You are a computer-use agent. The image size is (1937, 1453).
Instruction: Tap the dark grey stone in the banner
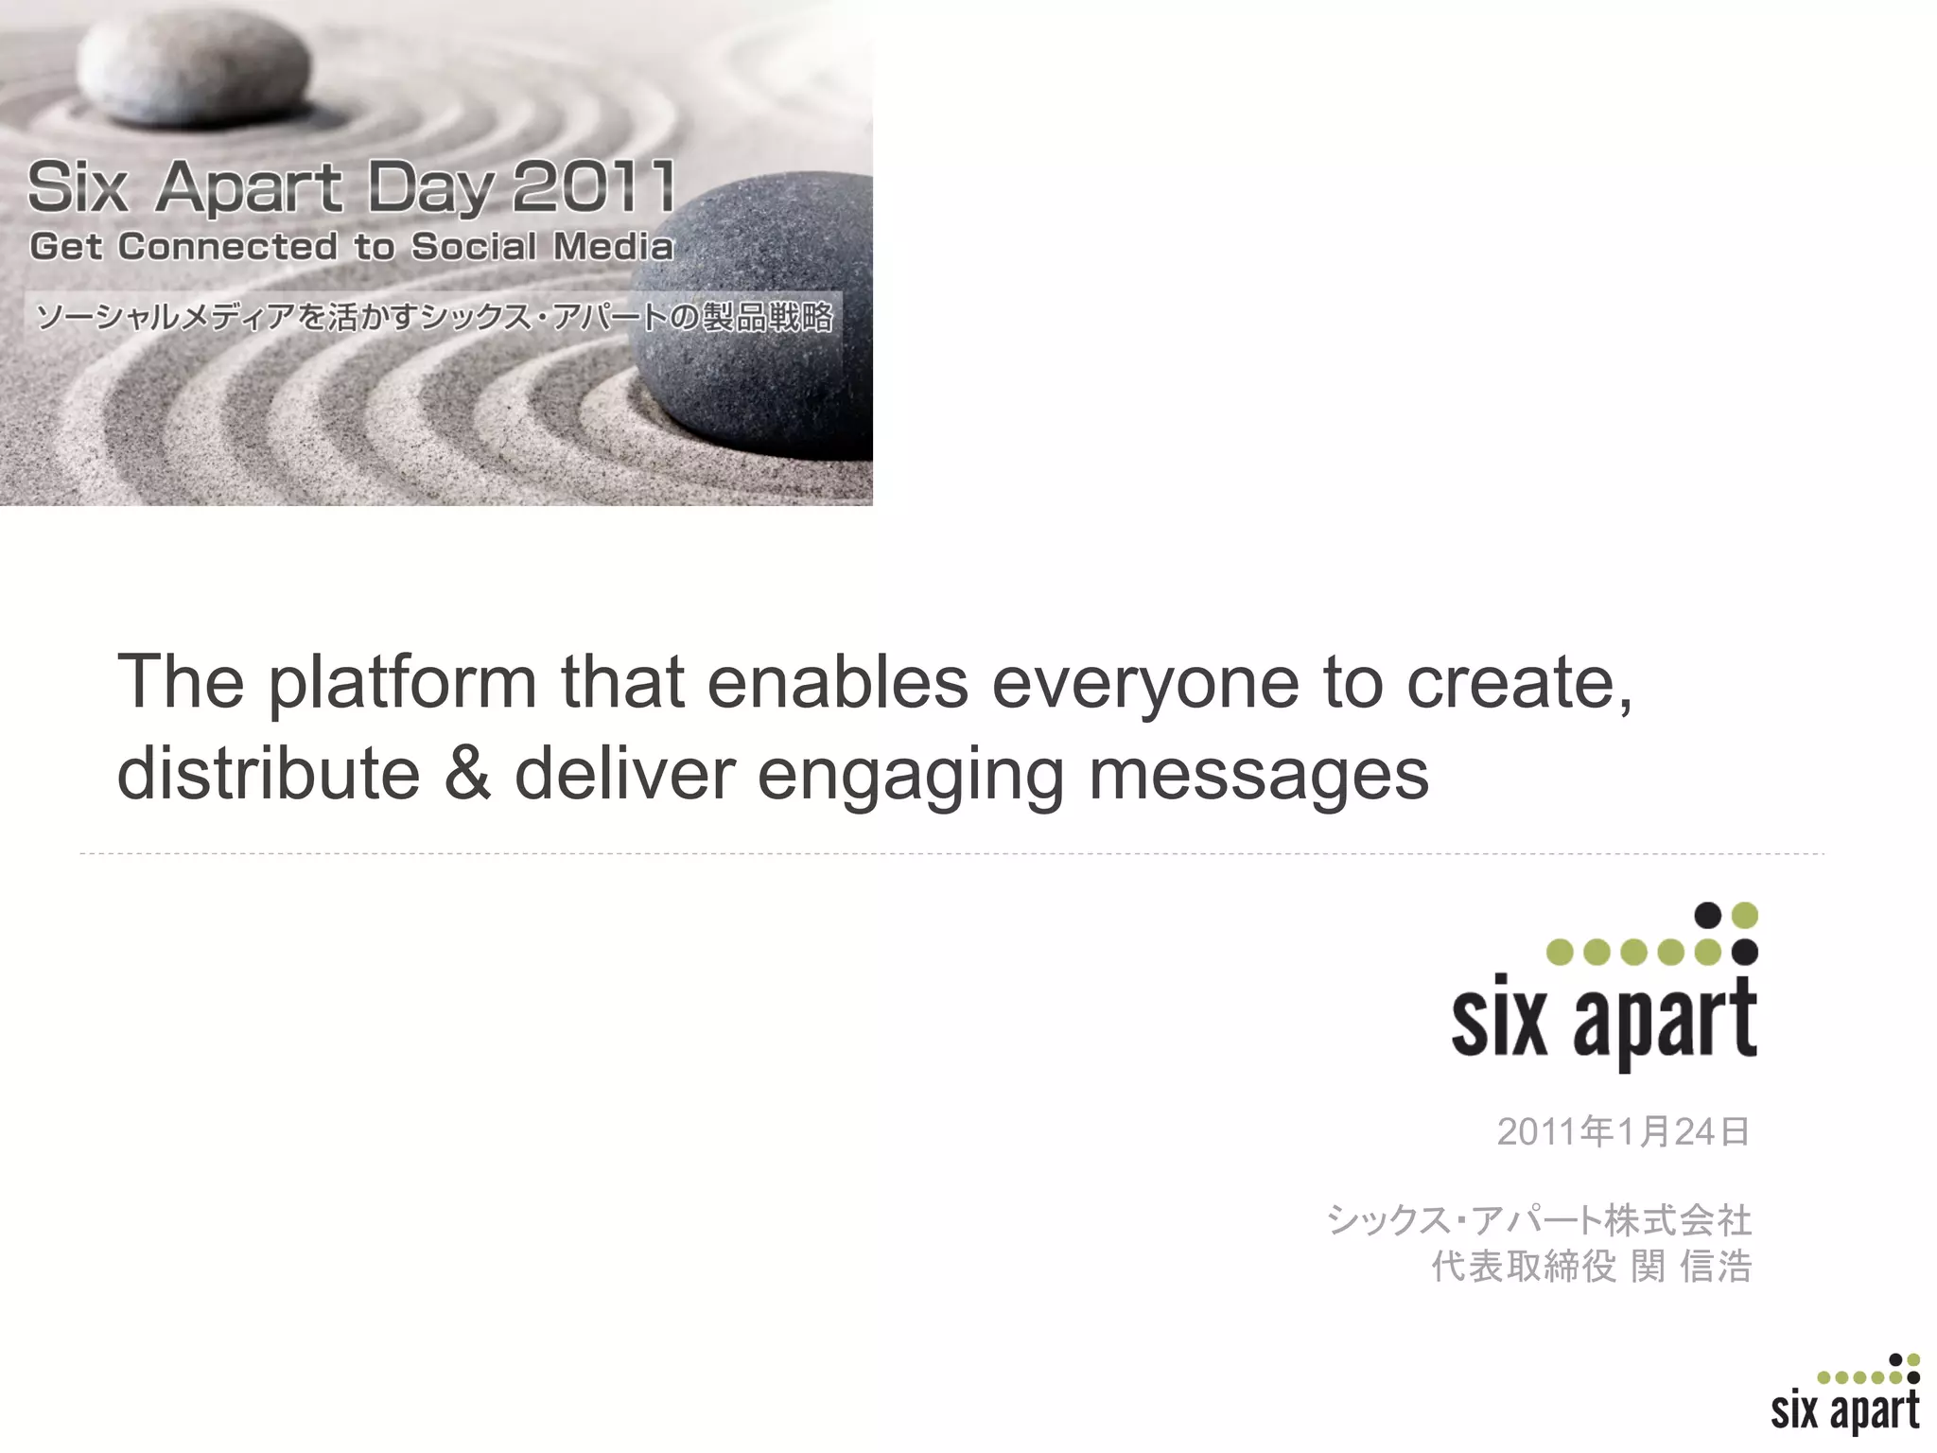click(x=757, y=312)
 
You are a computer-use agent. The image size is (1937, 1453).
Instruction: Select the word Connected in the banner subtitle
click(x=227, y=247)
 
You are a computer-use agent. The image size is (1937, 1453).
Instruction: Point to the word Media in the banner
click(x=613, y=247)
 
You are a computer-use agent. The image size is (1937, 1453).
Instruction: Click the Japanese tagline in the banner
click(x=433, y=317)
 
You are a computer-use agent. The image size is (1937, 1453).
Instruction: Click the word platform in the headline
click(x=403, y=683)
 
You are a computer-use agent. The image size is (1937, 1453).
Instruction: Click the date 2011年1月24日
click(x=1623, y=1131)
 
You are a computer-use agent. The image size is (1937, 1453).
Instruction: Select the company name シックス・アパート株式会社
click(x=1539, y=1220)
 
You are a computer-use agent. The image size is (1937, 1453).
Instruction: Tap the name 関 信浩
click(x=1691, y=1267)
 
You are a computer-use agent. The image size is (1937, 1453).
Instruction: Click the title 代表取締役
click(x=1523, y=1267)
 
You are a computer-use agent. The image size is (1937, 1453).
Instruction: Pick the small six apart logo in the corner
click(x=1844, y=1396)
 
